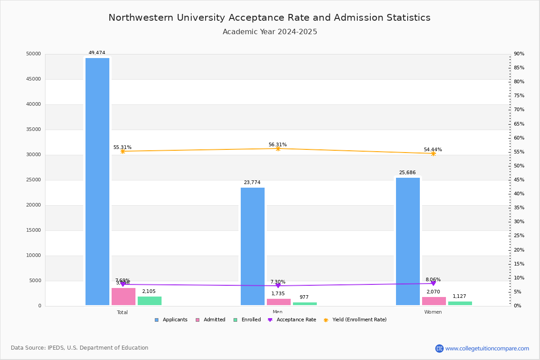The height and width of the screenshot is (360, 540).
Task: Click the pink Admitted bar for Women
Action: pos(434,301)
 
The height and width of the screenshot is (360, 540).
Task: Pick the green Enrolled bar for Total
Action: pos(149,301)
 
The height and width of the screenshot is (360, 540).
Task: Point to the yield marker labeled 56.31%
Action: pos(278,148)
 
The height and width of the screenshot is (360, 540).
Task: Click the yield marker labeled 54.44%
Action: pos(433,153)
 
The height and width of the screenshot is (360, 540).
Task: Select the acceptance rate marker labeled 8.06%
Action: pos(433,283)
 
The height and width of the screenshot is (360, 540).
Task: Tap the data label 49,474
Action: pos(97,53)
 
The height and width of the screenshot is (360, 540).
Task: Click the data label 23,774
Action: pos(252,182)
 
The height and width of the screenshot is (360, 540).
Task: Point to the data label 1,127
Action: pos(459,296)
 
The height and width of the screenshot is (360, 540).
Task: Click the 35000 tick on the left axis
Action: pos(34,130)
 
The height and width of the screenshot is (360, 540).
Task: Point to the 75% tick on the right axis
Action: pos(519,96)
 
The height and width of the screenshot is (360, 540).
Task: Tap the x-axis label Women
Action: pos(433,312)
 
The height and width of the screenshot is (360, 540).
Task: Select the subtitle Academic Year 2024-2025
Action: pos(270,32)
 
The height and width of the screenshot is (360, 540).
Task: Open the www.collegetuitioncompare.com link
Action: pos(487,348)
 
